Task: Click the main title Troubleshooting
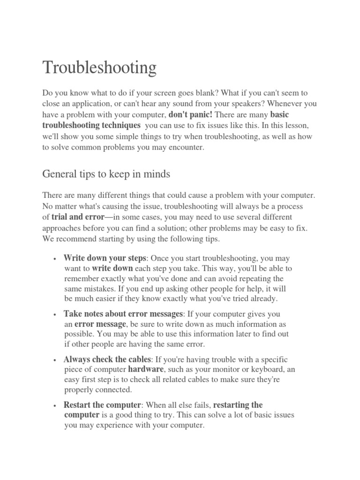tap(99, 68)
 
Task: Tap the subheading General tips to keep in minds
tap(106, 174)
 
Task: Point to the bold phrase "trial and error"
tap(77, 217)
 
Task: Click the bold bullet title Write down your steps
tap(105, 258)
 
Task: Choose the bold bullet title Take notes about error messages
tap(123, 314)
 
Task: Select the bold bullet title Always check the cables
tap(107, 359)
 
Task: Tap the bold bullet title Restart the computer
tap(102, 405)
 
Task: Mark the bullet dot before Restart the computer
tap(55, 405)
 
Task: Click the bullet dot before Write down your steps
tap(55, 259)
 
